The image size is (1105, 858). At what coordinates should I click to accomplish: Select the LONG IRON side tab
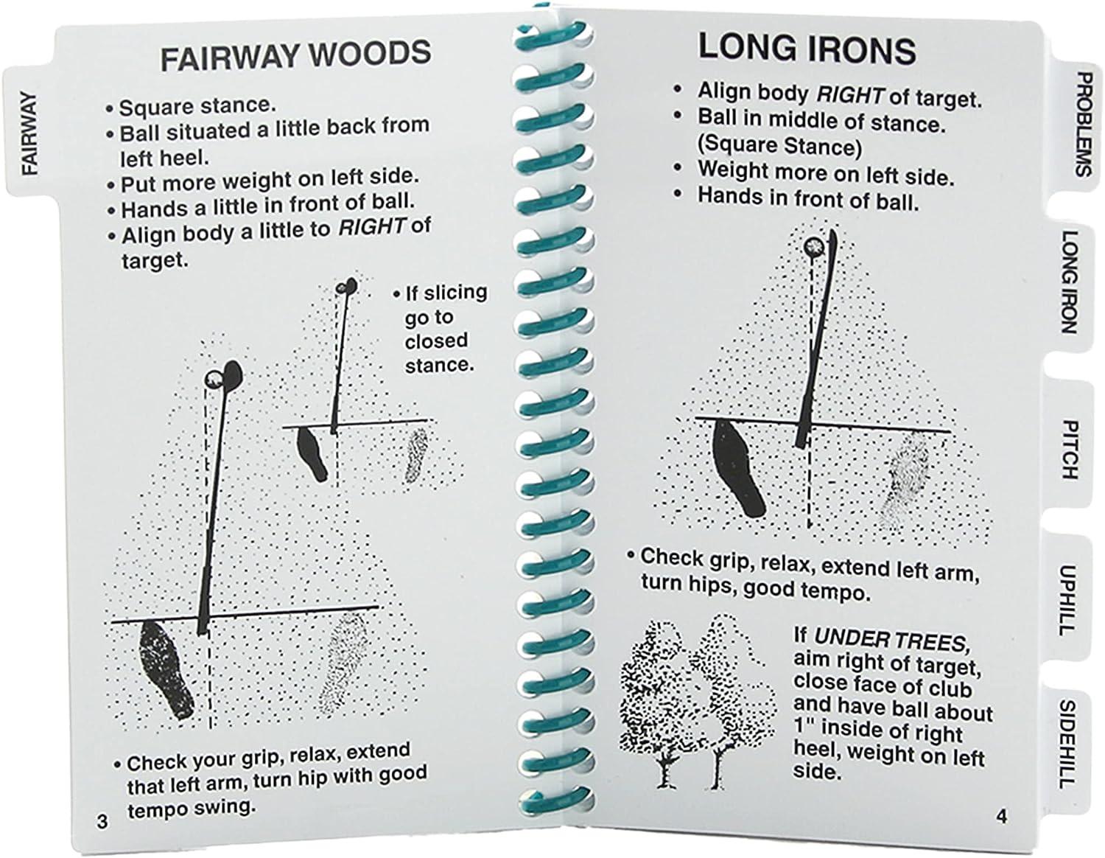[1069, 281]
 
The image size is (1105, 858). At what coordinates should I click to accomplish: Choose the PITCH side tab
[1070, 449]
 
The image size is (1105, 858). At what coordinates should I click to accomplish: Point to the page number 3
[102, 820]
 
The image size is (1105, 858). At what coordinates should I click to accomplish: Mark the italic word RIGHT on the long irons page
[849, 94]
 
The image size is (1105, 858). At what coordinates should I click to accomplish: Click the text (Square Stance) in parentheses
[779, 145]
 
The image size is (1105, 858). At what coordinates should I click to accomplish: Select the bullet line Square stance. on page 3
[197, 107]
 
